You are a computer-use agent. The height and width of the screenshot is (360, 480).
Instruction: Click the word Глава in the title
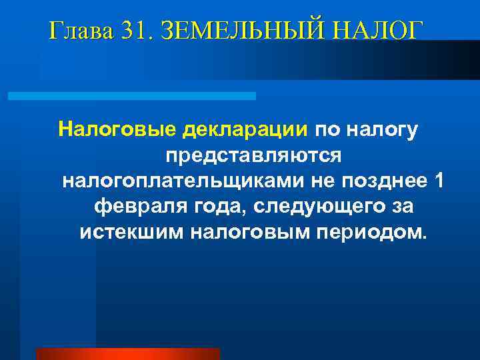[x=81, y=31]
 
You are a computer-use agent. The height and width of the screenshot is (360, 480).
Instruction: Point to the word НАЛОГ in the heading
[x=381, y=31]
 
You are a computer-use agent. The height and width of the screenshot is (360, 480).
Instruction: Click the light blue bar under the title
[x=131, y=96]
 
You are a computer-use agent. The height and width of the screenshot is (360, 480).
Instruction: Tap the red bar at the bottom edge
[x=127, y=354]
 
